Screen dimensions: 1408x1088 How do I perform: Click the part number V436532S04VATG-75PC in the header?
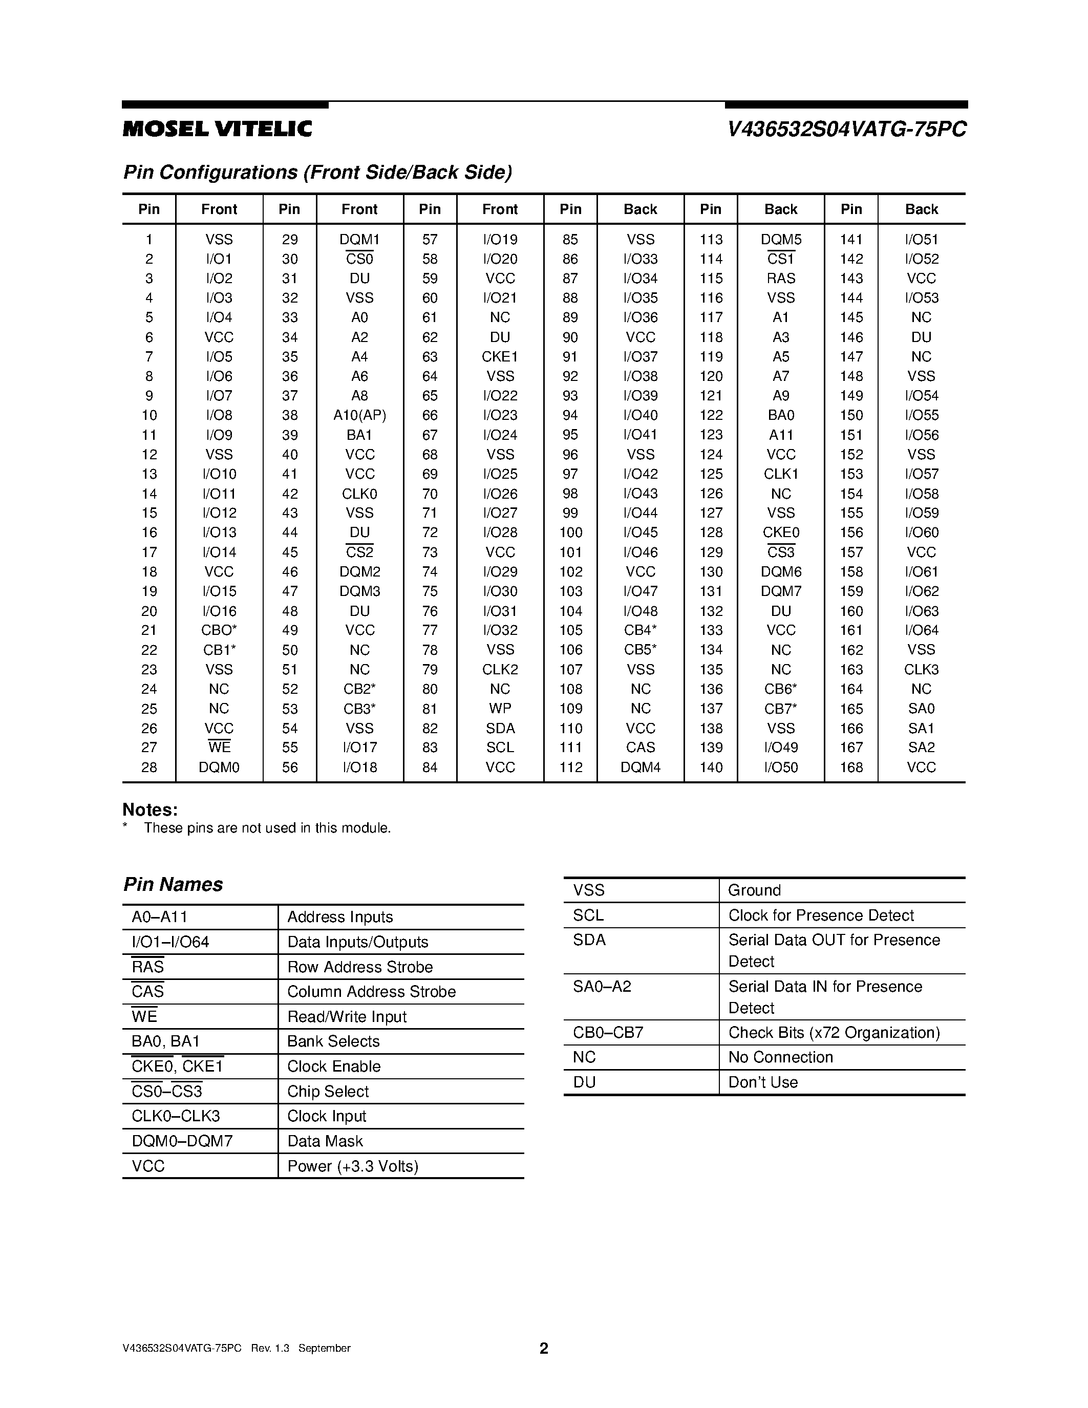coord(846,130)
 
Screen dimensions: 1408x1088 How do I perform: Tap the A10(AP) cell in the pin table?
coord(359,415)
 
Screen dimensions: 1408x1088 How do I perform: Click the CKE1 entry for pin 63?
coord(500,356)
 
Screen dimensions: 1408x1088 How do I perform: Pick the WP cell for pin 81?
coord(500,709)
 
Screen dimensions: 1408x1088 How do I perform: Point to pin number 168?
coord(851,767)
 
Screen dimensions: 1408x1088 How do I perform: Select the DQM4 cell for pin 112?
coord(640,767)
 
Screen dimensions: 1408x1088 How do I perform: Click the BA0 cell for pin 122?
coord(781,415)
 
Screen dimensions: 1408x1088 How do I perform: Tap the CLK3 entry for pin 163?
coord(921,669)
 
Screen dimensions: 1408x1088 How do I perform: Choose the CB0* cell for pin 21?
coord(219,630)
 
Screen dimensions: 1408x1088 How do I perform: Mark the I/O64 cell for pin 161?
coord(921,630)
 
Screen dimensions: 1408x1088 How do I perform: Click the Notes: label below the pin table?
coord(150,810)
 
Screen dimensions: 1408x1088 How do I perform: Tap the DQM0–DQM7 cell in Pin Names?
coord(182,1141)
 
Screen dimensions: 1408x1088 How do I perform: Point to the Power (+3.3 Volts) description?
coord(353,1166)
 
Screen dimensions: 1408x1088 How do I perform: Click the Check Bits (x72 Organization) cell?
coord(834,1033)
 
